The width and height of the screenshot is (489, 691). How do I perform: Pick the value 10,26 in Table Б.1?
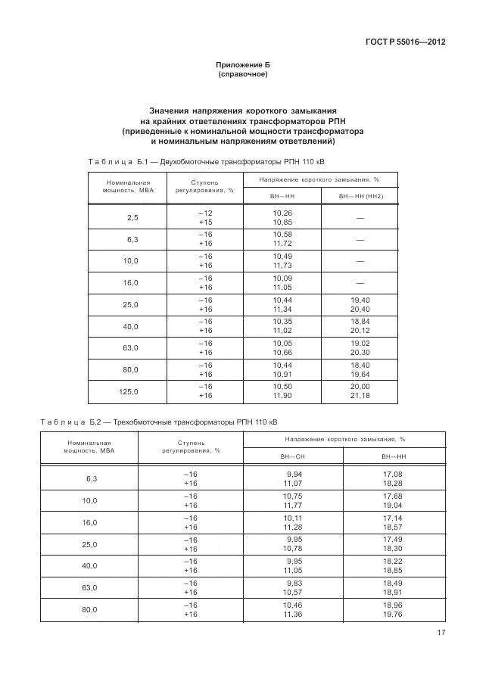coord(282,213)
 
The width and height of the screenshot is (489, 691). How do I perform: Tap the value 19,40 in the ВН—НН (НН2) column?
coord(360,300)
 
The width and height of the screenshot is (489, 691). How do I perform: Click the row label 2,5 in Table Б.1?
coord(132,218)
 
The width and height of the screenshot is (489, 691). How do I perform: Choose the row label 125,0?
coord(130,391)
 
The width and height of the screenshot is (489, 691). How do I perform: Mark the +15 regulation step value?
coord(205,223)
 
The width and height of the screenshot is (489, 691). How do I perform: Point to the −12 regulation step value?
coord(205,213)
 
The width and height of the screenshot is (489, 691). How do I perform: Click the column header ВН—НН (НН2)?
coord(360,196)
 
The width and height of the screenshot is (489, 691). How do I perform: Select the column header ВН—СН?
coord(292,457)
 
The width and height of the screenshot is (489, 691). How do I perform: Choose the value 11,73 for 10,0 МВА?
coord(282,266)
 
